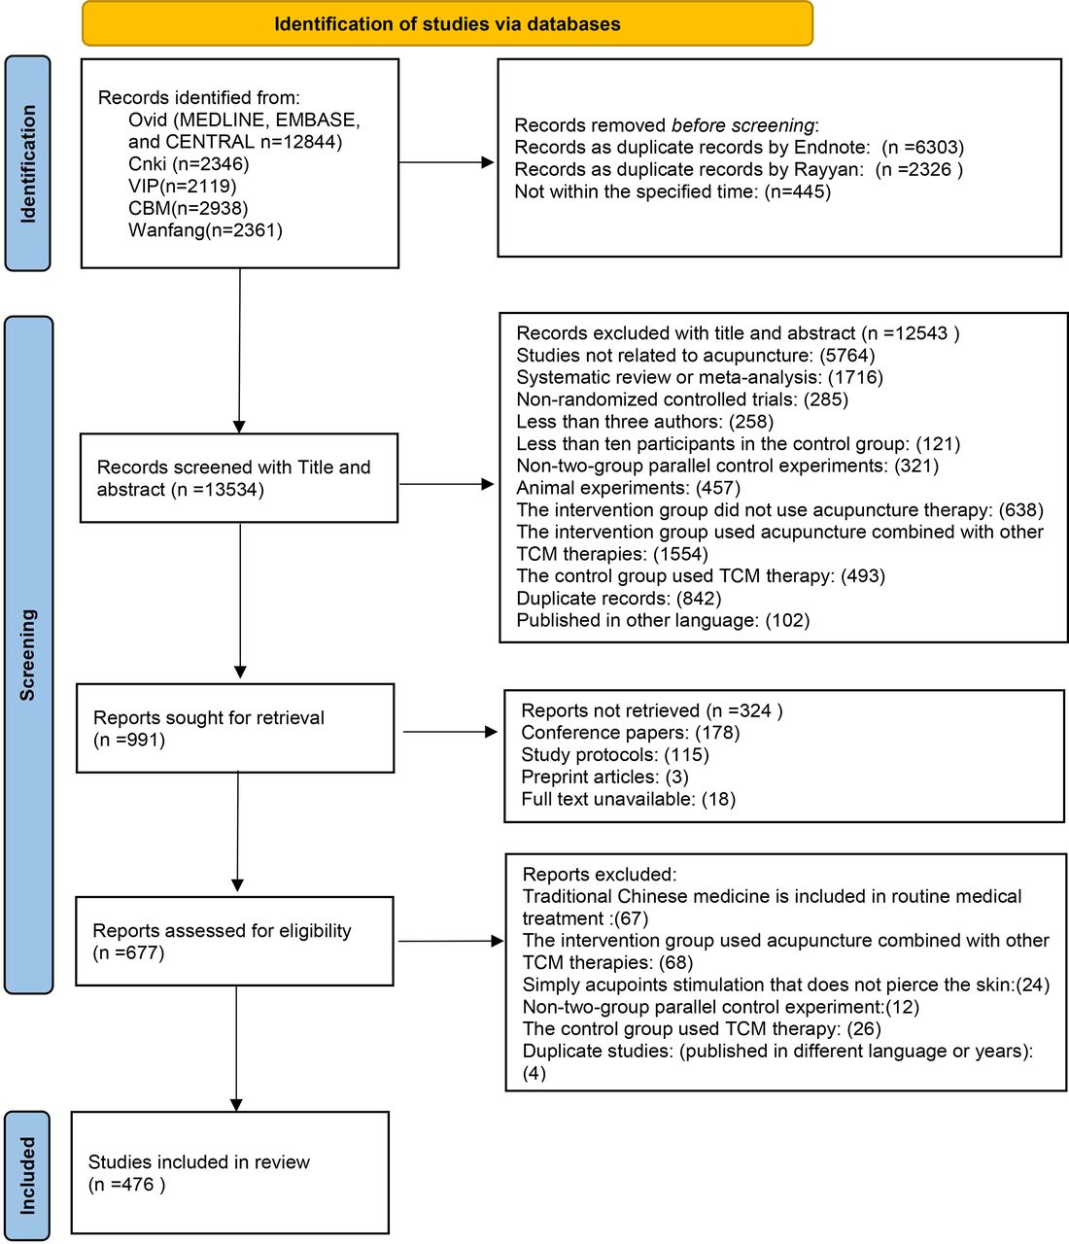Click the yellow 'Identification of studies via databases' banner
click(447, 23)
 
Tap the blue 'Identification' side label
click(27, 163)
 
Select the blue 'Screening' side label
click(28, 655)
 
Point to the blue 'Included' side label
click(27, 1175)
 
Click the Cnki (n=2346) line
click(189, 163)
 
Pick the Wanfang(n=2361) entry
click(205, 230)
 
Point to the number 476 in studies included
click(138, 1185)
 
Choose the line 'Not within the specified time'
click(672, 192)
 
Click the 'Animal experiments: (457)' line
click(629, 488)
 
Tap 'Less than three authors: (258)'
click(644, 421)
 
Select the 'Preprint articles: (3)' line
click(604, 777)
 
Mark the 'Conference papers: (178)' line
click(630, 733)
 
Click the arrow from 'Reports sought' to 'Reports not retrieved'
click(450, 732)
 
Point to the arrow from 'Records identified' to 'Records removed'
click(447, 162)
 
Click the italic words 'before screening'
click(742, 125)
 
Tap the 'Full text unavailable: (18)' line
click(629, 799)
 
